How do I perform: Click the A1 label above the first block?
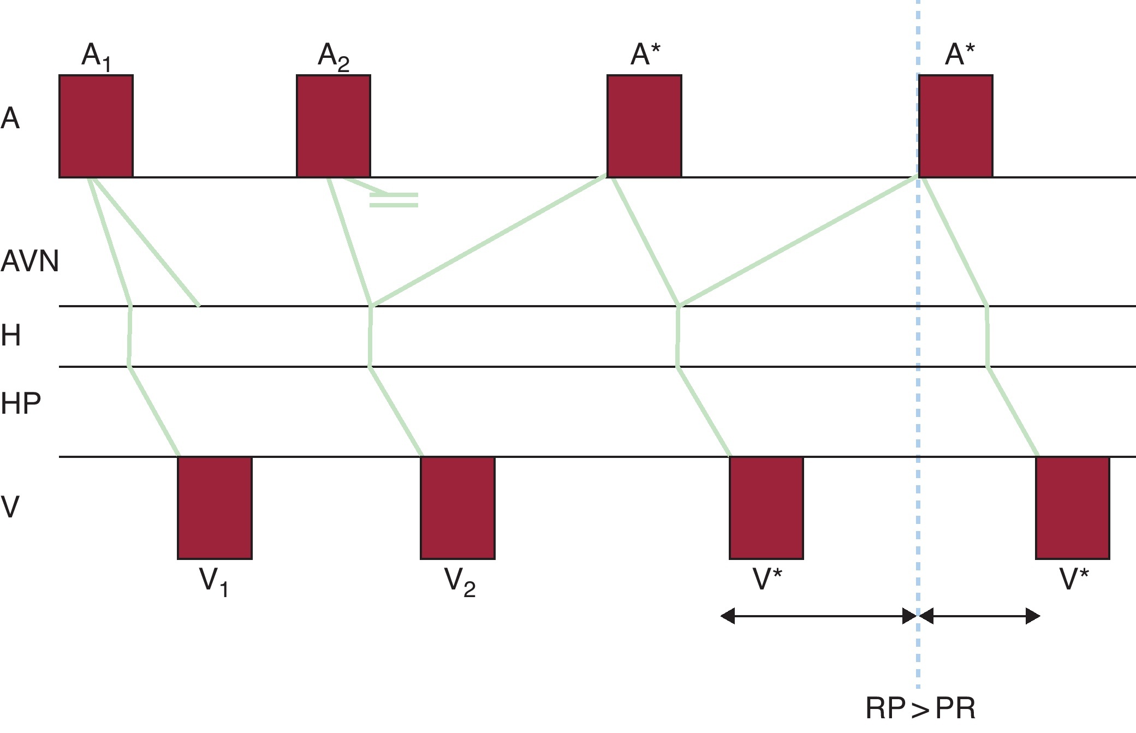[x=96, y=57]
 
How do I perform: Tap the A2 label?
[x=334, y=57]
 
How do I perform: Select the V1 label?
[x=214, y=582]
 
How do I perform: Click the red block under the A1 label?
[x=96, y=126]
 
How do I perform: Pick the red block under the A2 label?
[x=334, y=126]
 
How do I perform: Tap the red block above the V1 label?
[x=215, y=508]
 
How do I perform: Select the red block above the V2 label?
[x=457, y=508]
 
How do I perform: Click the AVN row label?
[x=29, y=261]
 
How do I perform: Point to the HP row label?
[x=21, y=404]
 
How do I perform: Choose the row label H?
[x=11, y=335]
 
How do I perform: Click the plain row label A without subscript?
[x=10, y=118]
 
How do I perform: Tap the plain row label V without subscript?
[x=10, y=506]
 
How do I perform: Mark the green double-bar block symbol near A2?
[x=394, y=200]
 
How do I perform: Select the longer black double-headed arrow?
[x=818, y=616]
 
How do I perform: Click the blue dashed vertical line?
[x=918, y=382]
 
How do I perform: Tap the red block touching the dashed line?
[x=955, y=126]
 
